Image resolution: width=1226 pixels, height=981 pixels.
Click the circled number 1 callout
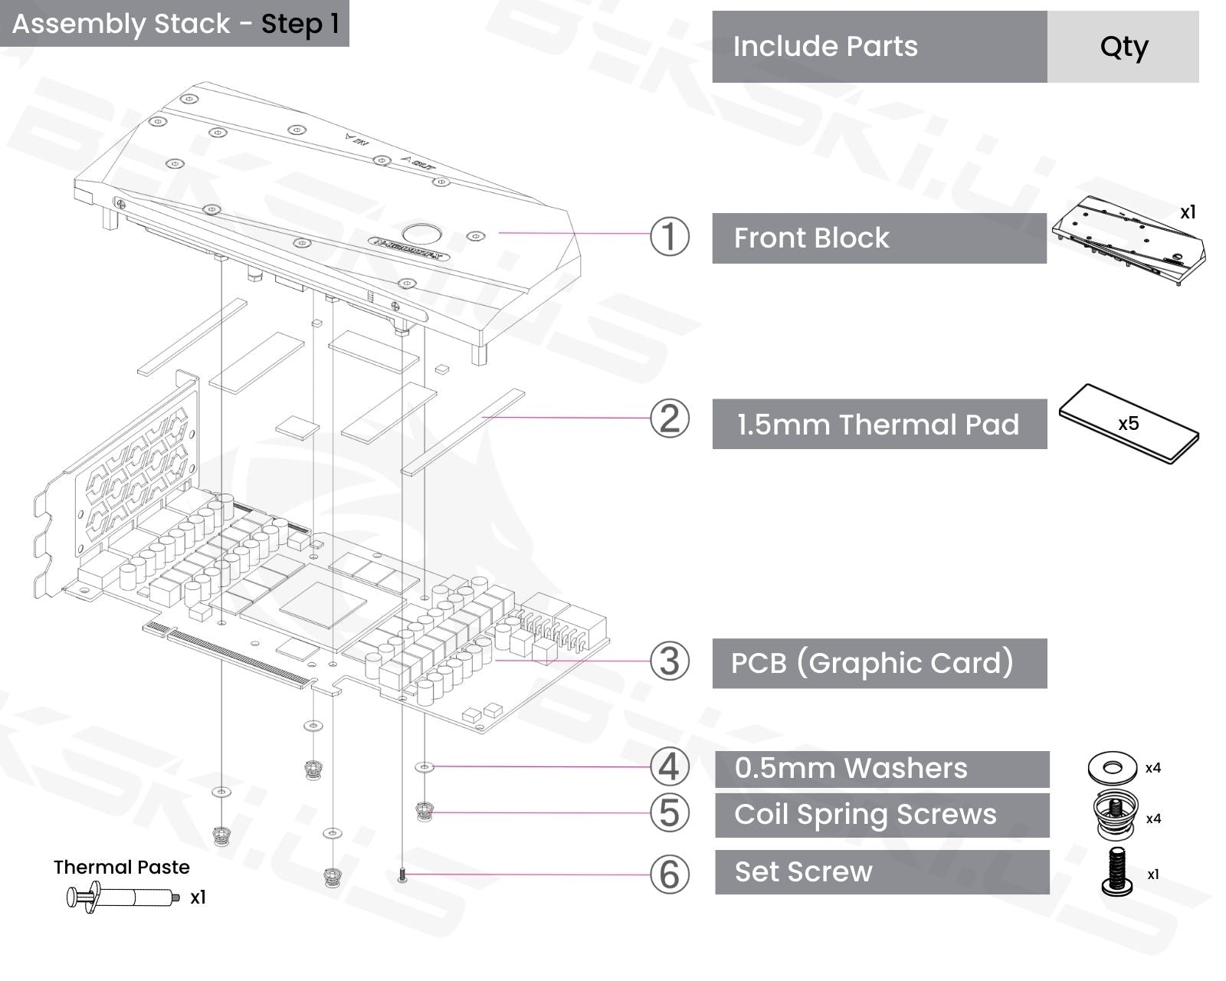669,237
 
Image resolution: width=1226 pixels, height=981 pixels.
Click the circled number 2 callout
669,419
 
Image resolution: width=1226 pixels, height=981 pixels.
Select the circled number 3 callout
669,661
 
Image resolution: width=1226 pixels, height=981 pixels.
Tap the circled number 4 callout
669,767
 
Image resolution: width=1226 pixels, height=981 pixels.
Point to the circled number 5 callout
669,813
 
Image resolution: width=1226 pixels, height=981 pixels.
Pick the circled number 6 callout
669,874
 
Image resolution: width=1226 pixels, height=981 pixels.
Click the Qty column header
1123,47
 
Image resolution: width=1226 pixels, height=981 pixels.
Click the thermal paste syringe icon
123,897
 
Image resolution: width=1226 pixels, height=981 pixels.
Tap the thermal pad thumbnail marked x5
1129,423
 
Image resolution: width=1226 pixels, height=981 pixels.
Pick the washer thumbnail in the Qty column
1113,767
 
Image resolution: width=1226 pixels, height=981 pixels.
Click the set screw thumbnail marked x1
1117,872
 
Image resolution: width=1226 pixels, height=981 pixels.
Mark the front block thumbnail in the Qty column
1128,241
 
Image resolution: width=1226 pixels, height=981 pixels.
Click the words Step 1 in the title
300,24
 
